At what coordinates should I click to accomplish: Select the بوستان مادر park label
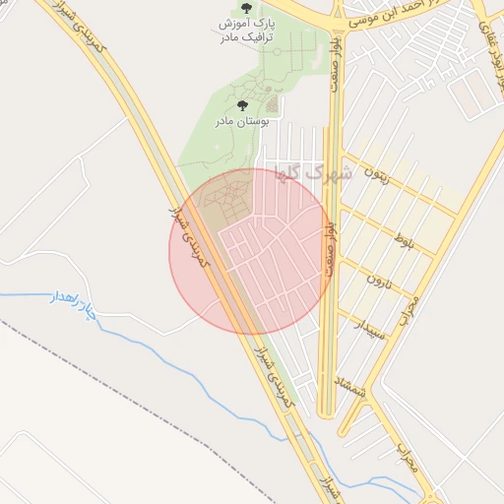click(243, 120)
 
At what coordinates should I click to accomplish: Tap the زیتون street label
click(376, 180)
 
